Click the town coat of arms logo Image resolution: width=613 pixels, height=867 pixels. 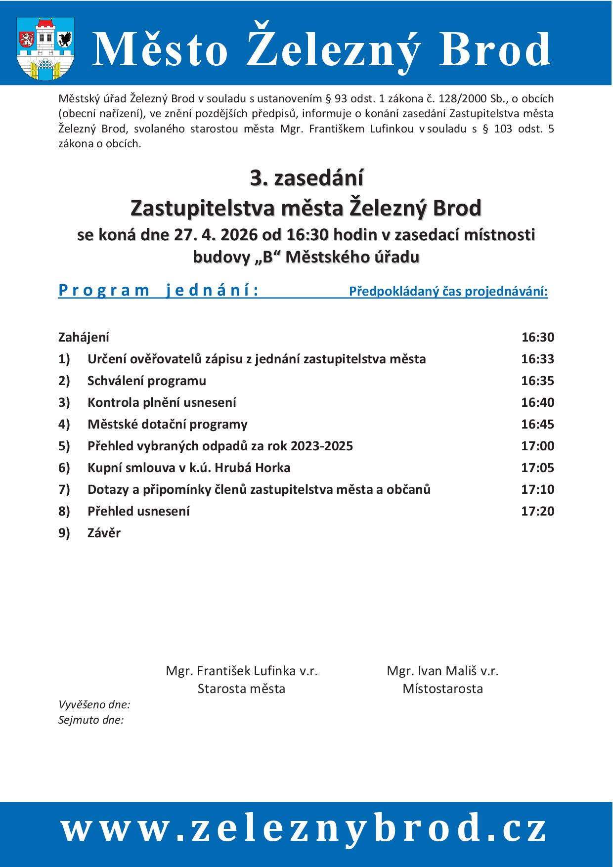(x=45, y=48)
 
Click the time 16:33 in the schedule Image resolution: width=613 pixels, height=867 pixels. (x=537, y=359)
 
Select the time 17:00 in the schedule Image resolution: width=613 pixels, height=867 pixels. (x=537, y=446)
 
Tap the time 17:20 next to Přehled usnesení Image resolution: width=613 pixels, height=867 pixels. (x=537, y=511)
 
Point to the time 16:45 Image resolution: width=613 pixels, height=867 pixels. (x=537, y=424)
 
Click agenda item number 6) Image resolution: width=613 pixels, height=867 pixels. (x=64, y=468)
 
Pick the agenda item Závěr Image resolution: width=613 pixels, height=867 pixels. (x=104, y=533)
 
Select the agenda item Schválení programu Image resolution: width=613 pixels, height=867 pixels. (x=147, y=381)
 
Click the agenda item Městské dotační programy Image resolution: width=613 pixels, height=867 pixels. (x=168, y=424)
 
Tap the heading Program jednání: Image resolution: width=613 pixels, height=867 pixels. (x=158, y=290)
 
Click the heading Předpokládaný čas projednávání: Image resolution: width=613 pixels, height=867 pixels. (x=448, y=292)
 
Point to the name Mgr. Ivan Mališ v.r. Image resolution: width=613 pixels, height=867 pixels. (x=442, y=671)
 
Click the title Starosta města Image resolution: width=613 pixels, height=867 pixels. (x=241, y=689)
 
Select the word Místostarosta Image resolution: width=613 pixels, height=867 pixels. (x=442, y=689)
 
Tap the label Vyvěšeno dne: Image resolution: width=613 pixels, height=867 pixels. (x=94, y=704)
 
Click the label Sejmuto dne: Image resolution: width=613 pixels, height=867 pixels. (x=91, y=720)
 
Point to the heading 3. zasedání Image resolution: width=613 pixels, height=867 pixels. (x=306, y=178)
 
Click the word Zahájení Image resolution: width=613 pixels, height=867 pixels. (x=84, y=337)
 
